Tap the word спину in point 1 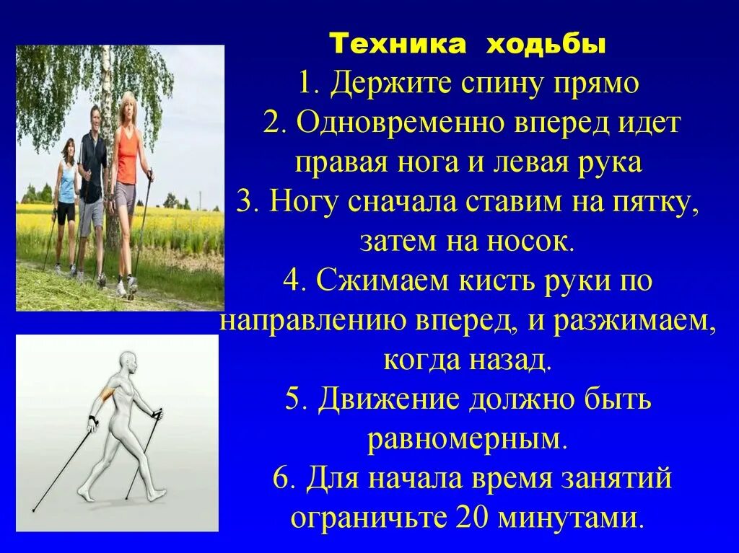(486, 85)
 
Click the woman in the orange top (126, 166)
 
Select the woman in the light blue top (66, 187)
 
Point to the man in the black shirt (92, 173)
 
